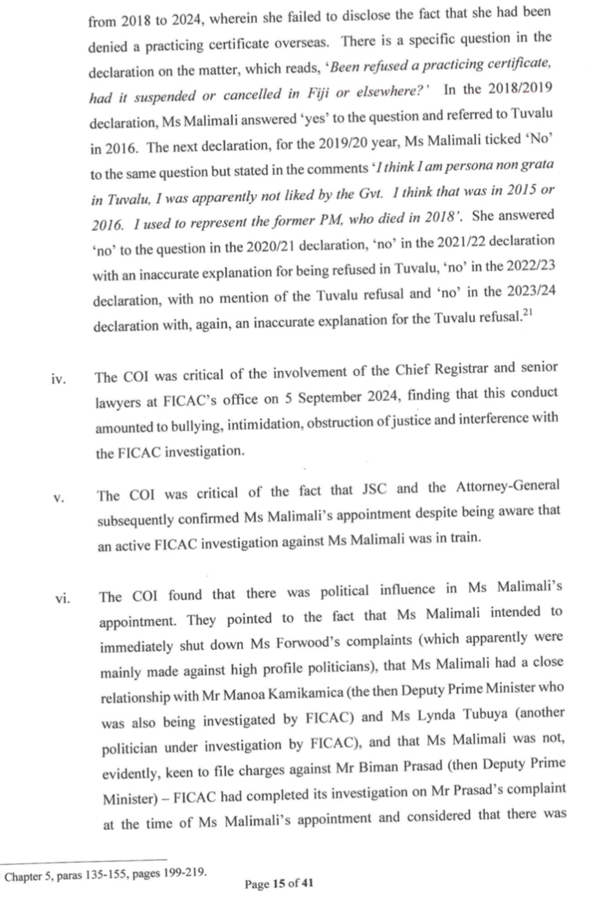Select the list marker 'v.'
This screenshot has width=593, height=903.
point(60,498)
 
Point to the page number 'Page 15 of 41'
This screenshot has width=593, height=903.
point(279,884)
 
